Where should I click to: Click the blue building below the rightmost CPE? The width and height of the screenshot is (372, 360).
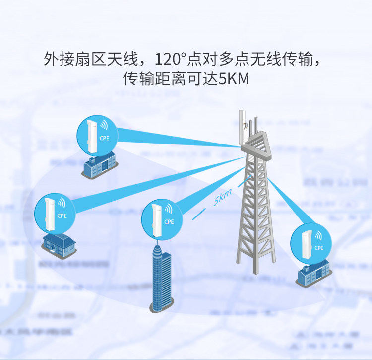click(x=313, y=272)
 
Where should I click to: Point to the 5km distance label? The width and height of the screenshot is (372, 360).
click(x=222, y=199)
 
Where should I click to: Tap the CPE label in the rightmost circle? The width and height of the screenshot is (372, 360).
click(x=319, y=247)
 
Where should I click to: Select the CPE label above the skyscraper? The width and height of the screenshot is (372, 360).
click(x=169, y=222)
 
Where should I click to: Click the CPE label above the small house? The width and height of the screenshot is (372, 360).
click(x=62, y=216)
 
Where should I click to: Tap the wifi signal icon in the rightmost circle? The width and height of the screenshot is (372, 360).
click(x=318, y=235)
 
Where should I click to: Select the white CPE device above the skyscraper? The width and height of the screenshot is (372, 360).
click(x=156, y=216)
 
